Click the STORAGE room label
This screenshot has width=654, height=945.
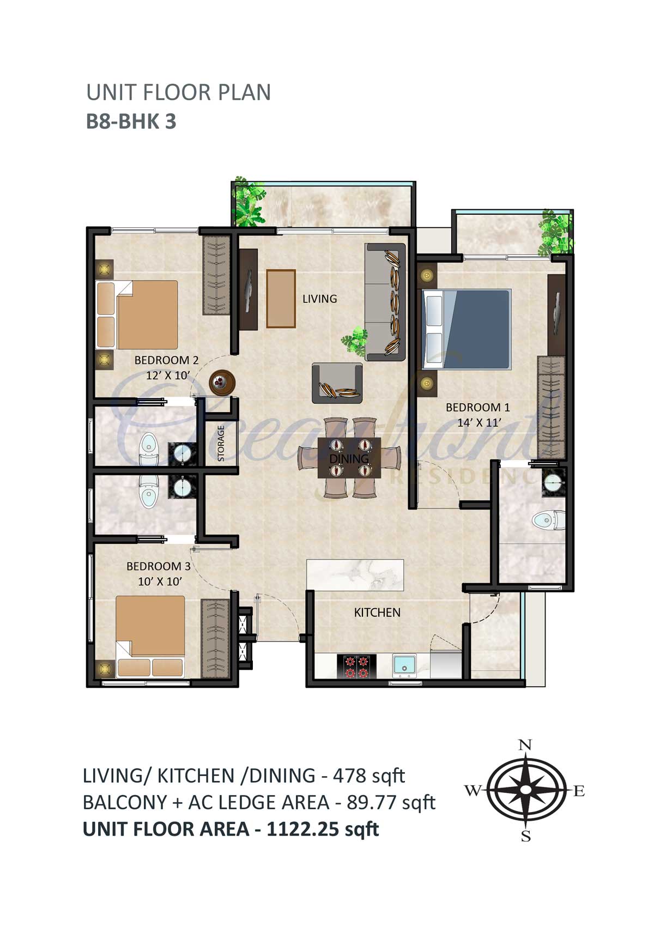coord(221,443)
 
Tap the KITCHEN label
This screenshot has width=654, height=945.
coord(377,613)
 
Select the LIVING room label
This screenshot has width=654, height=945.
coord(320,299)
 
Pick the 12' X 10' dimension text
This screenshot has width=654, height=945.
coord(167,375)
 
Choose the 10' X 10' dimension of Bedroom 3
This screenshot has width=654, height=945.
coord(160,581)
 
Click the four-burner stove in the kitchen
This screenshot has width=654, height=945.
coord(356,667)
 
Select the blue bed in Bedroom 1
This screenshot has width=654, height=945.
coord(467,329)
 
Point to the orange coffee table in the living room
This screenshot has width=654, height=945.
coord(281,299)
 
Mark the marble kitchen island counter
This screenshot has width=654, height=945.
coord(355,574)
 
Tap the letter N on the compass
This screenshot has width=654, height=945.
coord(524,745)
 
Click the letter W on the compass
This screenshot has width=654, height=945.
coord(473,790)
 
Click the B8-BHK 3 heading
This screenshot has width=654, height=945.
coord(131,122)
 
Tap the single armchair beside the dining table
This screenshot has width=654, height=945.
coord(337,383)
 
